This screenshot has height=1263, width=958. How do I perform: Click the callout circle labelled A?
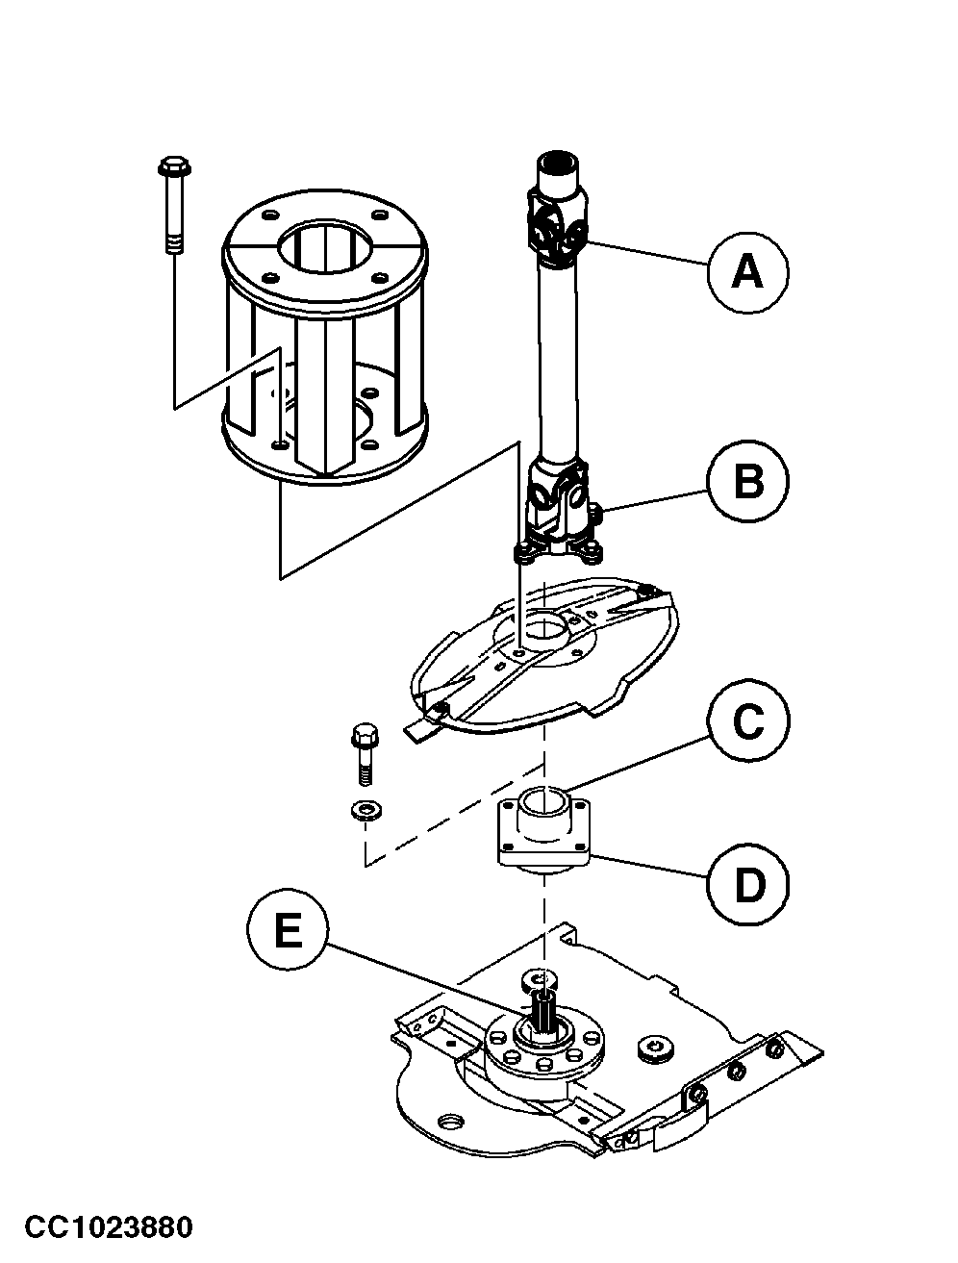(x=747, y=272)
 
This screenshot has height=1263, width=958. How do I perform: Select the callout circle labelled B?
(x=747, y=482)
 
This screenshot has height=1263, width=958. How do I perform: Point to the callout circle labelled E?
(x=287, y=932)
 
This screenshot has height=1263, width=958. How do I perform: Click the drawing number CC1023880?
(x=109, y=1227)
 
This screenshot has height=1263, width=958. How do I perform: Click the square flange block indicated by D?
(x=543, y=833)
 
